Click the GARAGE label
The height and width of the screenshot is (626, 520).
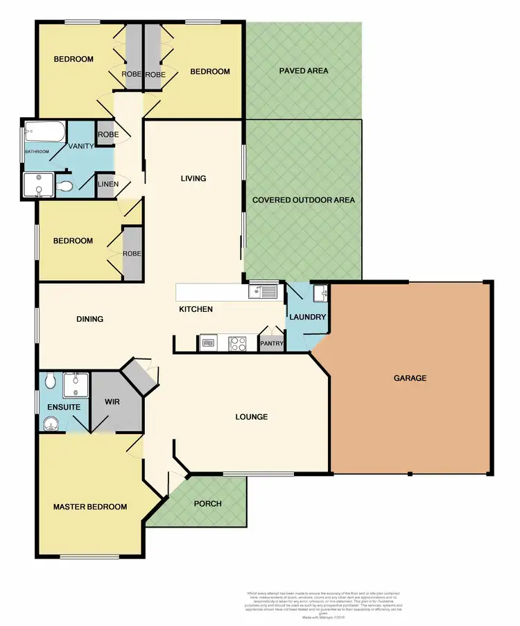410,379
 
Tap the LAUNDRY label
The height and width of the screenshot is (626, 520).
308,317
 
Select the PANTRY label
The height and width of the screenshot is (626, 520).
271,342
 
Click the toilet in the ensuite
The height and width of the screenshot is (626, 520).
49,381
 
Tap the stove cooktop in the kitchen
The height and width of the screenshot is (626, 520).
238,342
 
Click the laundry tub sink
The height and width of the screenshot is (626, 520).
320,294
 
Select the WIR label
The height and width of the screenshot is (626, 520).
112,401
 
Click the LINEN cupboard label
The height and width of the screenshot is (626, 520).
107,184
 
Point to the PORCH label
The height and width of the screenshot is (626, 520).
207,503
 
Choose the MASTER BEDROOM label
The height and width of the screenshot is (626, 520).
90,507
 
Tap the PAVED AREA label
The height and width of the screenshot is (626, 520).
304,71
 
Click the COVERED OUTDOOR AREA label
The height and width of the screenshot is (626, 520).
304,200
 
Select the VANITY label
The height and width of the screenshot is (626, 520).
80,146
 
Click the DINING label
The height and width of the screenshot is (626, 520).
89,320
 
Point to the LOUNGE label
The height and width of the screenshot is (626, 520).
251,417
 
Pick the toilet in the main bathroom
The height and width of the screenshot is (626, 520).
64,186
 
